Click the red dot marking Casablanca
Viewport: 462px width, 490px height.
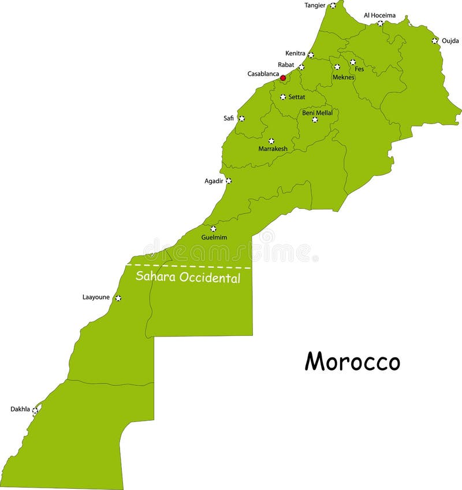pyautogui.click(x=283, y=77)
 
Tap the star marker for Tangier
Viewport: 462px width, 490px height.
pyautogui.click(x=333, y=6)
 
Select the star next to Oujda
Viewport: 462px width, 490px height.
pyautogui.click(x=434, y=40)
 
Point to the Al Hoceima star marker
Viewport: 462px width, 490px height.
pyautogui.click(x=380, y=24)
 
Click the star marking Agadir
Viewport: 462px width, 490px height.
pyautogui.click(x=228, y=181)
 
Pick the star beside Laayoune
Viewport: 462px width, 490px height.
pyautogui.click(x=118, y=298)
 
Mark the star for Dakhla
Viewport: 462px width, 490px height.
pyautogui.click(x=35, y=410)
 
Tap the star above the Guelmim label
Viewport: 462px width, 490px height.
pyautogui.click(x=213, y=229)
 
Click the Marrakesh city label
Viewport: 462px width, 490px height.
pyautogui.click(x=273, y=149)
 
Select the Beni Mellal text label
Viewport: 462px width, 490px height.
pyautogui.click(x=317, y=113)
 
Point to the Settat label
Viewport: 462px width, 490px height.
pyautogui.click(x=297, y=97)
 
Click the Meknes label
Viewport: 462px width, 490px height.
pyautogui.click(x=343, y=77)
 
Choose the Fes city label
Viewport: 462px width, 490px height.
pyautogui.click(x=359, y=69)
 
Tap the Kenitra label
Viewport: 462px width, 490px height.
pyautogui.click(x=295, y=53)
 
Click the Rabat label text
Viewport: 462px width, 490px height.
pyautogui.click(x=285, y=65)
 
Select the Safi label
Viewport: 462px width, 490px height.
pyautogui.click(x=229, y=118)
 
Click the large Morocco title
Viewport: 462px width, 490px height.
pyautogui.click(x=352, y=362)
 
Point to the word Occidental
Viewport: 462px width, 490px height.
pyautogui.click(x=210, y=278)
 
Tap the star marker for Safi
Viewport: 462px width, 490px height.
pyautogui.click(x=241, y=118)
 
